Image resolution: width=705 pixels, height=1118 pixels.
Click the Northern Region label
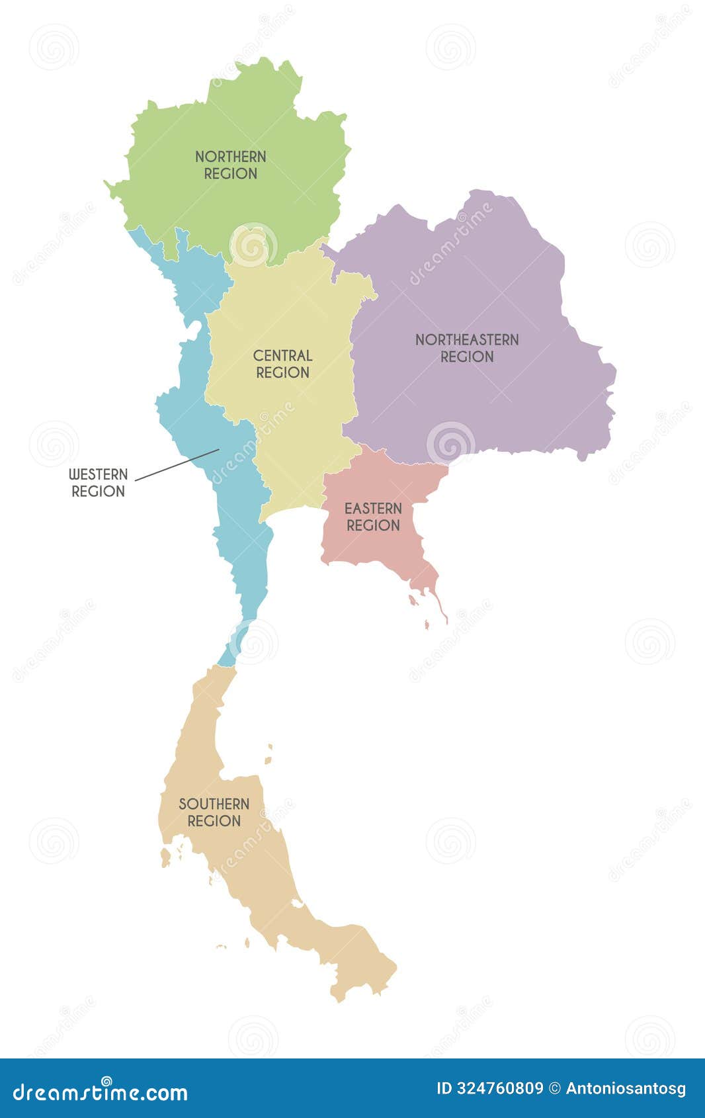coord(231,165)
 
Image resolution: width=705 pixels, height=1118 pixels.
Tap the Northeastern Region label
coord(467,348)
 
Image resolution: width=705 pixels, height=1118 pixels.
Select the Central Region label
coord(282,364)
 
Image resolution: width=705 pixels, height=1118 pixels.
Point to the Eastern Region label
coord(373,517)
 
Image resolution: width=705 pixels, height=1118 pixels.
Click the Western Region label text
coord(98,483)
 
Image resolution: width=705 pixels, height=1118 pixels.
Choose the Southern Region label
coord(214,812)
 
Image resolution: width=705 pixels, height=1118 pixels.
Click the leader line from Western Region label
coord(177,464)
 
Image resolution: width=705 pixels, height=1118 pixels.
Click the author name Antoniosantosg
coord(626,1089)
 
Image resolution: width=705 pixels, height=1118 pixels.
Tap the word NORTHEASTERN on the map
coord(467,340)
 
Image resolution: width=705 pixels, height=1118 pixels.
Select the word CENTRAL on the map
coord(282,356)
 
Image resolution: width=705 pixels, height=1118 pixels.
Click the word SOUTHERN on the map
coord(214,804)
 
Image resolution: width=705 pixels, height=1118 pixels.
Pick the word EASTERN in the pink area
coord(373,509)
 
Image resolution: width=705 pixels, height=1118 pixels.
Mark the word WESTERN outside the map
coord(98,475)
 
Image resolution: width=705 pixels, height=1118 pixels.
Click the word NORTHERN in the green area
coord(231,157)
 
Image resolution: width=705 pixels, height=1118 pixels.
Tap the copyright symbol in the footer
coord(555,1089)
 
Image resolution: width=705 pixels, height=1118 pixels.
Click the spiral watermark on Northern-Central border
coord(253,245)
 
